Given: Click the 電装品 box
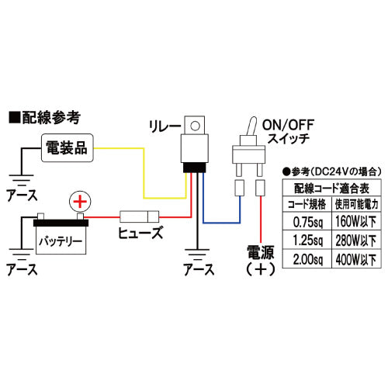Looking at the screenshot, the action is pos(68,148).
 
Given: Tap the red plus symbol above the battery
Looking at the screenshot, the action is pos(80,202).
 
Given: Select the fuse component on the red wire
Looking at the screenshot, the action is pos(140,217).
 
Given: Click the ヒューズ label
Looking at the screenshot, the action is pos(140,232).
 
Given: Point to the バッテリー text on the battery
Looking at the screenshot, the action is pos(61,241).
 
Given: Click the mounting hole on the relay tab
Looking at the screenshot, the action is pos(195,126).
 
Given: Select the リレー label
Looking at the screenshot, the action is pos(165,126).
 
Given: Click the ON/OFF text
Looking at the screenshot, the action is pos(288,125).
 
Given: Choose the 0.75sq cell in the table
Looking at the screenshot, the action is pos(307,221).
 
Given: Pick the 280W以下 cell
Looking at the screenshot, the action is pos(356,240).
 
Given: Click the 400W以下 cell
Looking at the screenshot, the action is pos(356,259).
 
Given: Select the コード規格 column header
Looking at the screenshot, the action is pos(307,204).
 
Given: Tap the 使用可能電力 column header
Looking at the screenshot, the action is pos(356,204).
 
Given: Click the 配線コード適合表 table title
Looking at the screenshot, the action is pos(332,188).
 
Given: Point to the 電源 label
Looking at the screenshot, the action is pos(260,252).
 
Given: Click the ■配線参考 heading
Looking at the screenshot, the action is pos(44,118).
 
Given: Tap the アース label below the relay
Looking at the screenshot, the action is pos(199,269).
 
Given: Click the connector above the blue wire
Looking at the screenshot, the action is pos(240,188).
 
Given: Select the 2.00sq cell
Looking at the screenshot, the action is pos(307,259).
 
